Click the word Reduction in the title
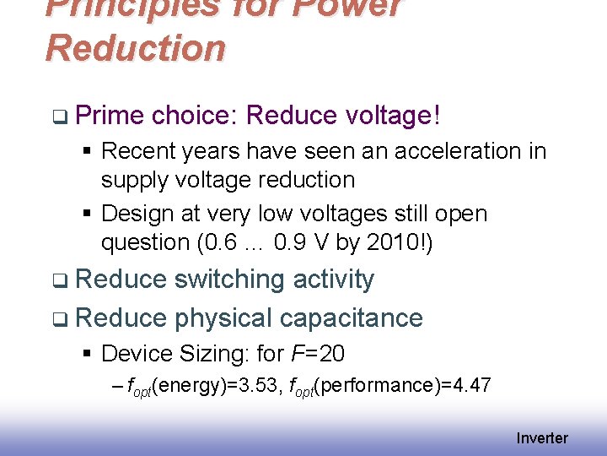(x=136, y=48)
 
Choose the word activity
(x=333, y=280)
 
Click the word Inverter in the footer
(x=542, y=438)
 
